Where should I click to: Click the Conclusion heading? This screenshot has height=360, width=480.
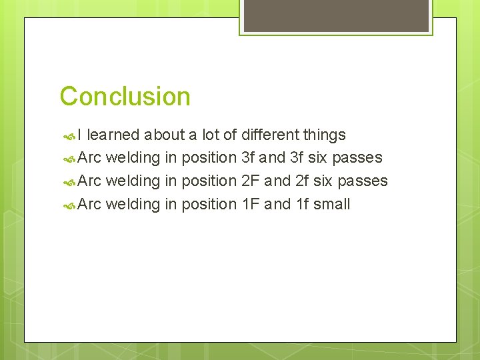(125, 97)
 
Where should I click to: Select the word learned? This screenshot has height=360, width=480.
(113, 135)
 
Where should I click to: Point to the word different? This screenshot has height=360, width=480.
(270, 135)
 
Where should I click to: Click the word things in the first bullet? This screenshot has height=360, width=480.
(324, 135)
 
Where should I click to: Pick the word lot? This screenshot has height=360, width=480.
(211, 135)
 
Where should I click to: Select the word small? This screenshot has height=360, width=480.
(331, 204)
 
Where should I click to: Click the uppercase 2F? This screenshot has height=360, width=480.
(250, 181)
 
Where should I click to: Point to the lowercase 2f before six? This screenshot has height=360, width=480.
(301, 181)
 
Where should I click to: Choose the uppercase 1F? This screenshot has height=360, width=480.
(250, 204)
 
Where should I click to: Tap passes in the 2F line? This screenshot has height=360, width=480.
(363, 181)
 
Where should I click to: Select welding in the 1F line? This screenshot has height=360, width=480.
(133, 204)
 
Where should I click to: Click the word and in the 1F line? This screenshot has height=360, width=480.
(277, 204)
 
